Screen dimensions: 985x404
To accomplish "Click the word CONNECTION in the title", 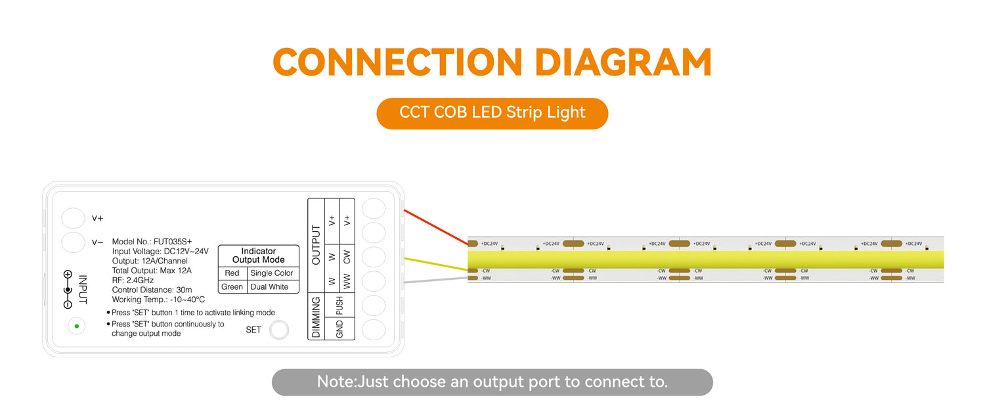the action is click(397, 62).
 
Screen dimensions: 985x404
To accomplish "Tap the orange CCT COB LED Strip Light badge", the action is click(492, 114).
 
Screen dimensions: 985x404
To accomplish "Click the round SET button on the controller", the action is click(279, 330).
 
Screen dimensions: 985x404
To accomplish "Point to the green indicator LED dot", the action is click(77, 326).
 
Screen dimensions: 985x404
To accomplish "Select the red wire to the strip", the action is click(436, 227).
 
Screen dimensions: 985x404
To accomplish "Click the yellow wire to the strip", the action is click(436, 264).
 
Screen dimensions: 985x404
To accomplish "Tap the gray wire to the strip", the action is click(436, 280).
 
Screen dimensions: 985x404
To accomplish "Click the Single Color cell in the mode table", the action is click(271, 273).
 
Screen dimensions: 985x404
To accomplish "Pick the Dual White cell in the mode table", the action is click(269, 287).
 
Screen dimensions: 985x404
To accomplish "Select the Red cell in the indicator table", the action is click(232, 273).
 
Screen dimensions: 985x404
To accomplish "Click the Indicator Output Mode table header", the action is click(259, 256).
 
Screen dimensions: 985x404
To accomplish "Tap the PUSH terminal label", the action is click(339, 305).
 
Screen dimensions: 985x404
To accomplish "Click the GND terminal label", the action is click(339, 329).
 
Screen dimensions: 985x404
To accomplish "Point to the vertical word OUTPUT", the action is click(316, 244).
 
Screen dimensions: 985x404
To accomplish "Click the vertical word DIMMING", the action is click(316, 317).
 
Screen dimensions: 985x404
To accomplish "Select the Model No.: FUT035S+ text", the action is click(152, 242).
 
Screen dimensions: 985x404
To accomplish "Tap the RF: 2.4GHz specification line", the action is click(133, 281).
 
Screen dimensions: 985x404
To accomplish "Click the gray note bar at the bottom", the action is click(492, 382).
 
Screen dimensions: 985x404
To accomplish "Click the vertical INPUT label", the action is click(83, 290).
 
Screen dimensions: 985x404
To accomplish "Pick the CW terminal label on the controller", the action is click(347, 257).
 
